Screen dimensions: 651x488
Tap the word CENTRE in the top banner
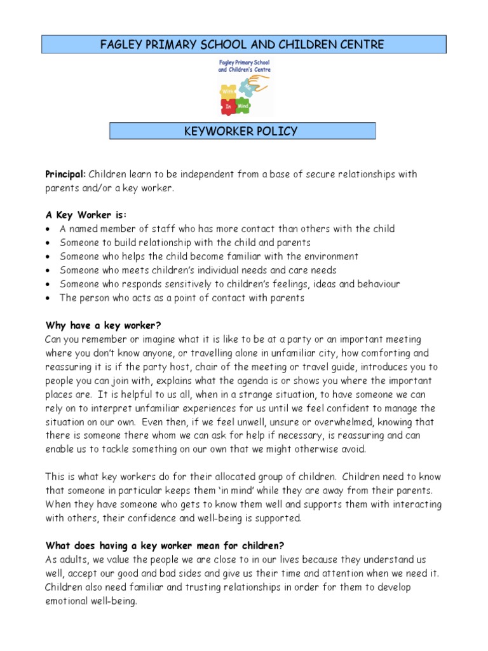(362, 45)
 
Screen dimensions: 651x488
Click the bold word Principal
(65, 174)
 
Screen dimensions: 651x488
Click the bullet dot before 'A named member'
(48, 229)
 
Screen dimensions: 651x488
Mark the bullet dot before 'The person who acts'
(48, 298)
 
